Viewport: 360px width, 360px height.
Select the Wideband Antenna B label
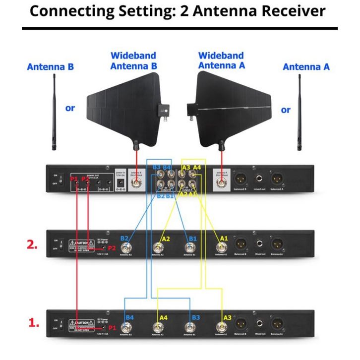133,60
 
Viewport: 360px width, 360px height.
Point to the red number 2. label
32,244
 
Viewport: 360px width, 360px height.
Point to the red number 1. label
33,323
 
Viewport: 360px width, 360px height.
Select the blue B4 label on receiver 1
130,317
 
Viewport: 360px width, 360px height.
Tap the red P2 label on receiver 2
112,248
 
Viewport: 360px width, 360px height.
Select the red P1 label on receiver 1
112,328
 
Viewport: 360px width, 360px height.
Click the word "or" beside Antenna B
70,108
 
